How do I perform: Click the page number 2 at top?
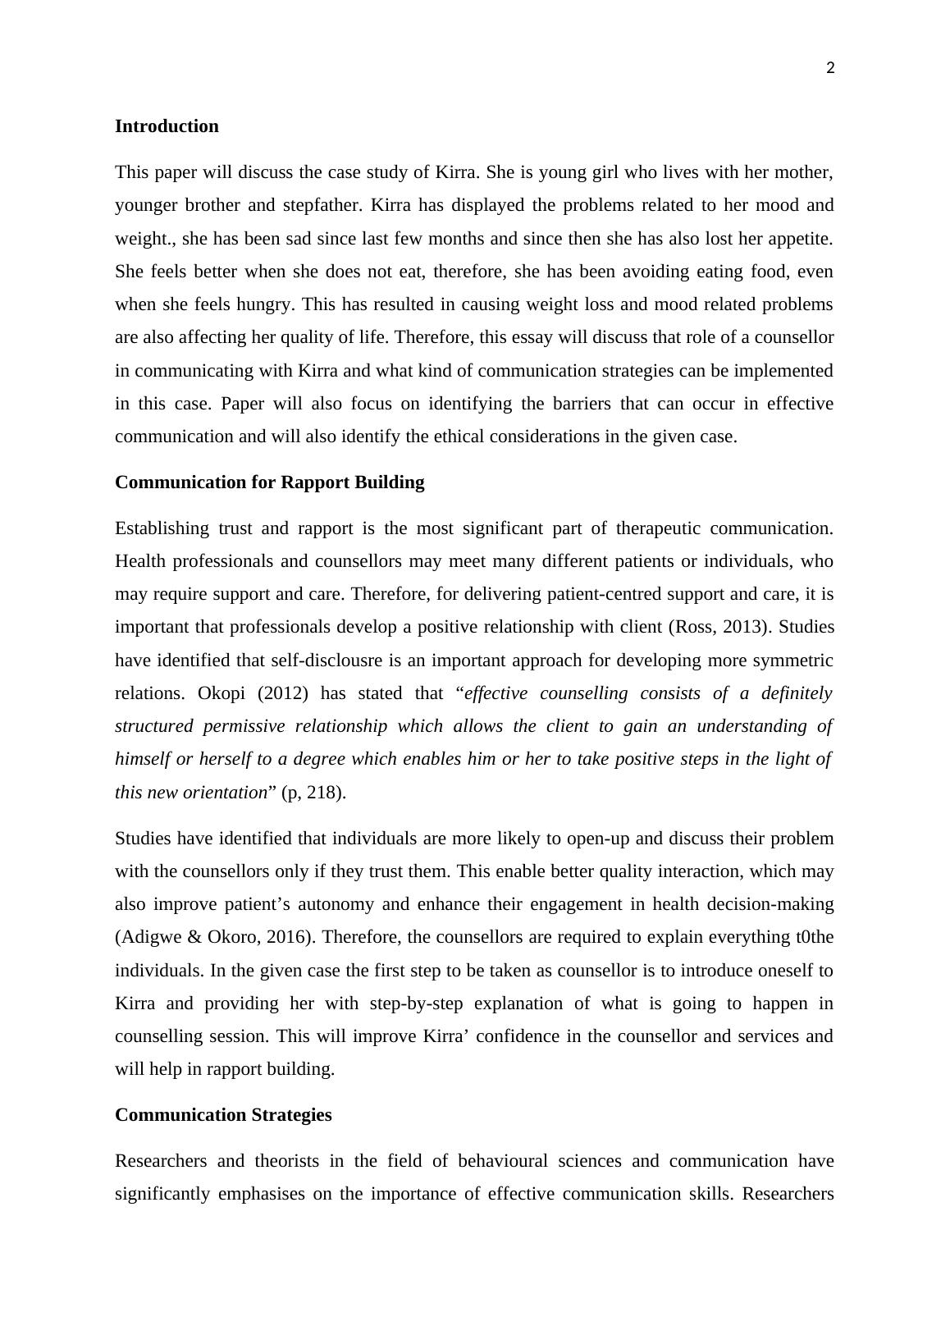click(x=830, y=69)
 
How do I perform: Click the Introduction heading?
click(x=167, y=126)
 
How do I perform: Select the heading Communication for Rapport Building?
click(x=269, y=482)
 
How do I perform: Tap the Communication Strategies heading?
click(x=223, y=1115)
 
